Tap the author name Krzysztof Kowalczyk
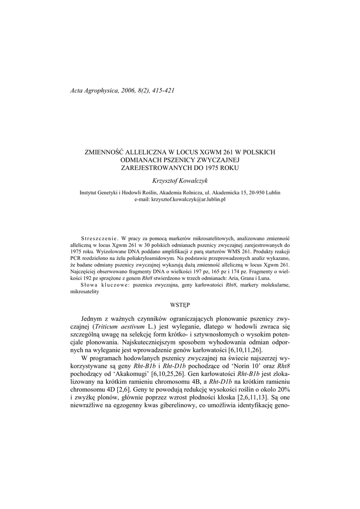coord(180,181)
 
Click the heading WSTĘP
coord(180,303)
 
